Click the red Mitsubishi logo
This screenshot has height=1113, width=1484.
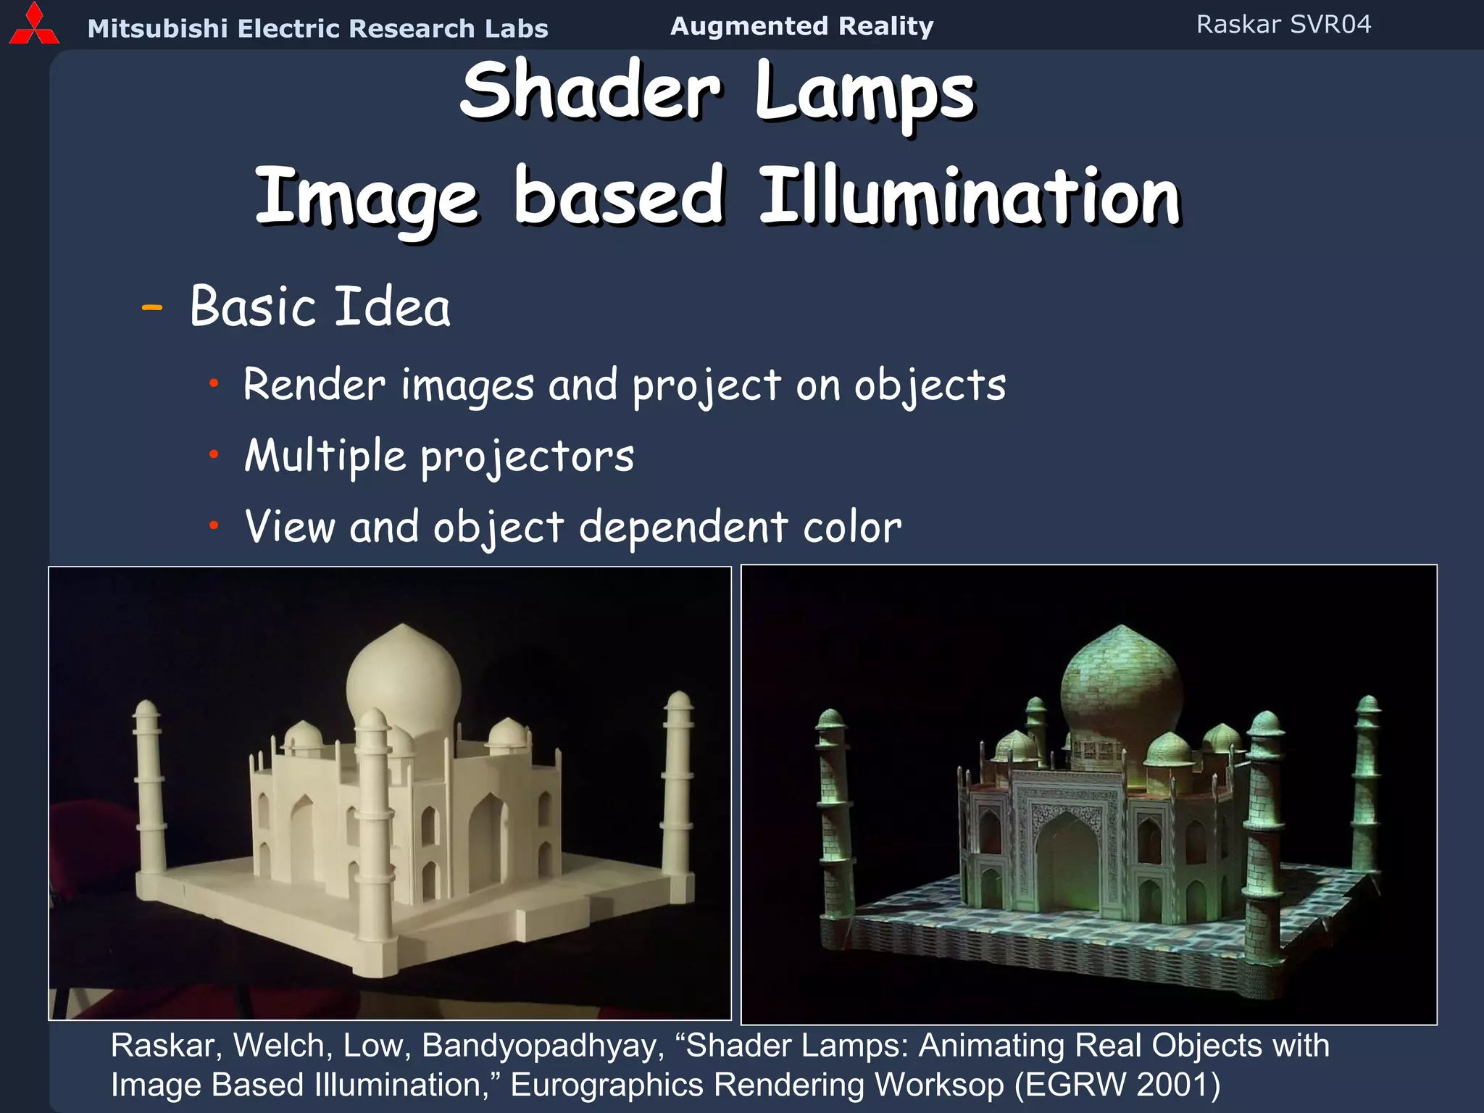[33, 26]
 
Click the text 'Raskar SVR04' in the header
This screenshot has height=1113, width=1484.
[1283, 25]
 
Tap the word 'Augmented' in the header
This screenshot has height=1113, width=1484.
[749, 26]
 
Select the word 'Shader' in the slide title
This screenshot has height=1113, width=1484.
[591, 92]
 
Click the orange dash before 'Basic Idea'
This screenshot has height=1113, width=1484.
[152, 308]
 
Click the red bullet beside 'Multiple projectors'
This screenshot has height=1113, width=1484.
[214, 454]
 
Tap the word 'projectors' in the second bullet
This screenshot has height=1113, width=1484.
[527, 457]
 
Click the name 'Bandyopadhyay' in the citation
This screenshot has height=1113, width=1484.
[543, 1046]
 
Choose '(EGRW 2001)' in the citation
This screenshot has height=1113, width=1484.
[1117, 1085]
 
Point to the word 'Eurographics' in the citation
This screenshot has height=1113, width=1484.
[606, 1085]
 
